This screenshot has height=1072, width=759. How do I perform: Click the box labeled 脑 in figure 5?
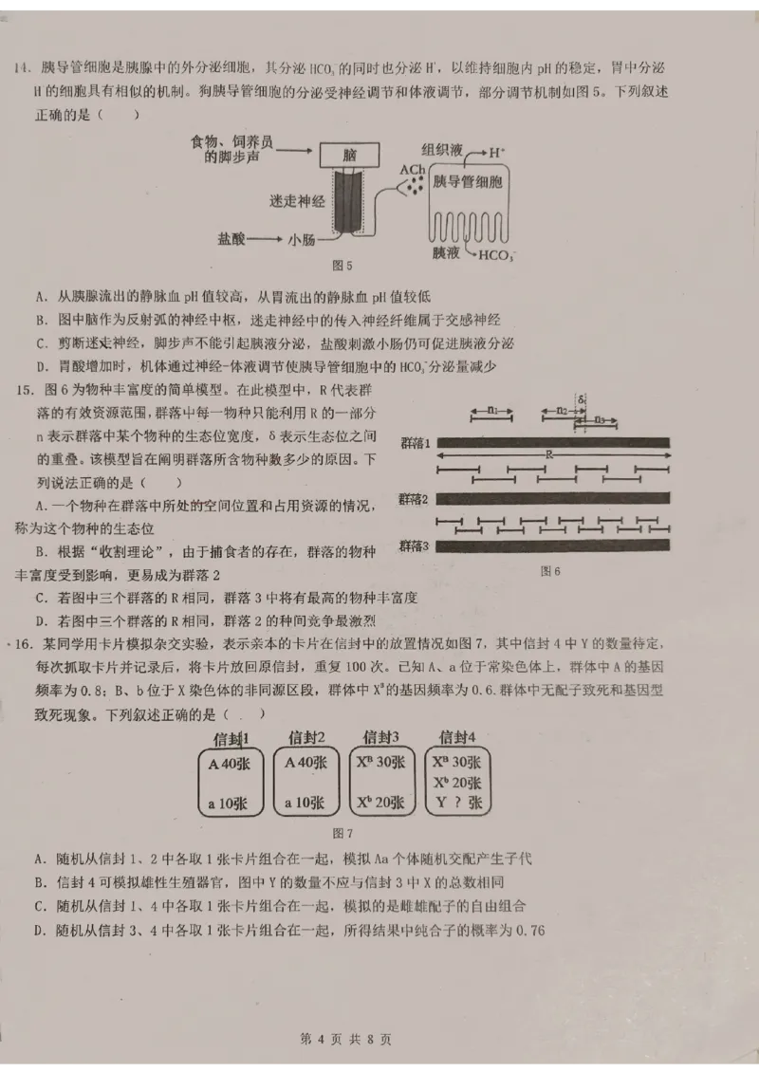[350, 156]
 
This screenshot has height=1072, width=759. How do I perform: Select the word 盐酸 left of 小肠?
[233, 241]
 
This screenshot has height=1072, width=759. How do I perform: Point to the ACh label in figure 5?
[412, 170]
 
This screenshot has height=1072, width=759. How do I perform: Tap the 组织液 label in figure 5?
[441, 150]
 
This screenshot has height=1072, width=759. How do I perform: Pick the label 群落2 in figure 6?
[415, 499]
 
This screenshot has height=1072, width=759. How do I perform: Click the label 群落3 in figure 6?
[415, 545]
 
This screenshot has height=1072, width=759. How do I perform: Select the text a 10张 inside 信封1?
[228, 803]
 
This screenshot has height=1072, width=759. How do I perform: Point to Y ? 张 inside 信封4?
[457, 803]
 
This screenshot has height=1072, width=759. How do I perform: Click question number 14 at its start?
[22, 68]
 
